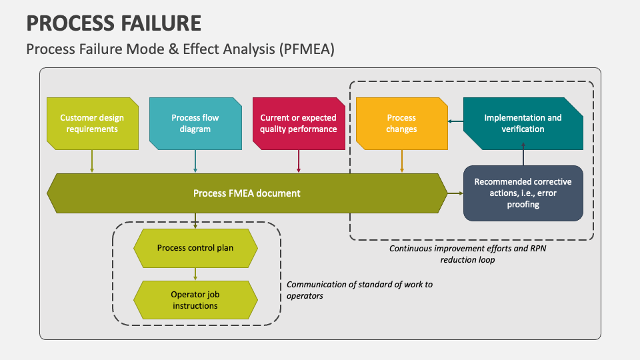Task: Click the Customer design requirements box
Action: click(93, 124)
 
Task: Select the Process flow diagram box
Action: click(195, 124)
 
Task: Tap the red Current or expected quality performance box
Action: click(299, 124)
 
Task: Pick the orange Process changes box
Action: click(402, 124)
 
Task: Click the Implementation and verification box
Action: click(523, 124)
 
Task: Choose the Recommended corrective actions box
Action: click(523, 193)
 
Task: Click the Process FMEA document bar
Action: click(247, 193)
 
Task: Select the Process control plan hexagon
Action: click(195, 248)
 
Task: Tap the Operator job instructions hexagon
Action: click(195, 300)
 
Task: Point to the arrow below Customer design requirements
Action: click(92, 161)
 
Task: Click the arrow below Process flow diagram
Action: click(195, 161)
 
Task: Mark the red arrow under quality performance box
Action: click(299, 161)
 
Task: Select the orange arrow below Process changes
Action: click(401, 161)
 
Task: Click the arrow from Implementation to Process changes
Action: click(455, 121)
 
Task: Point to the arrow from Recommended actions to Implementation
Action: click(523, 154)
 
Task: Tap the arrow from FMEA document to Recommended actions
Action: click(455, 193)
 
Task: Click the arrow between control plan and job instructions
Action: click(195, 274)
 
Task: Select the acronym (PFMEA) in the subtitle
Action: click(307, 49)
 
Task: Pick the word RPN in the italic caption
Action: click(538, 248)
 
